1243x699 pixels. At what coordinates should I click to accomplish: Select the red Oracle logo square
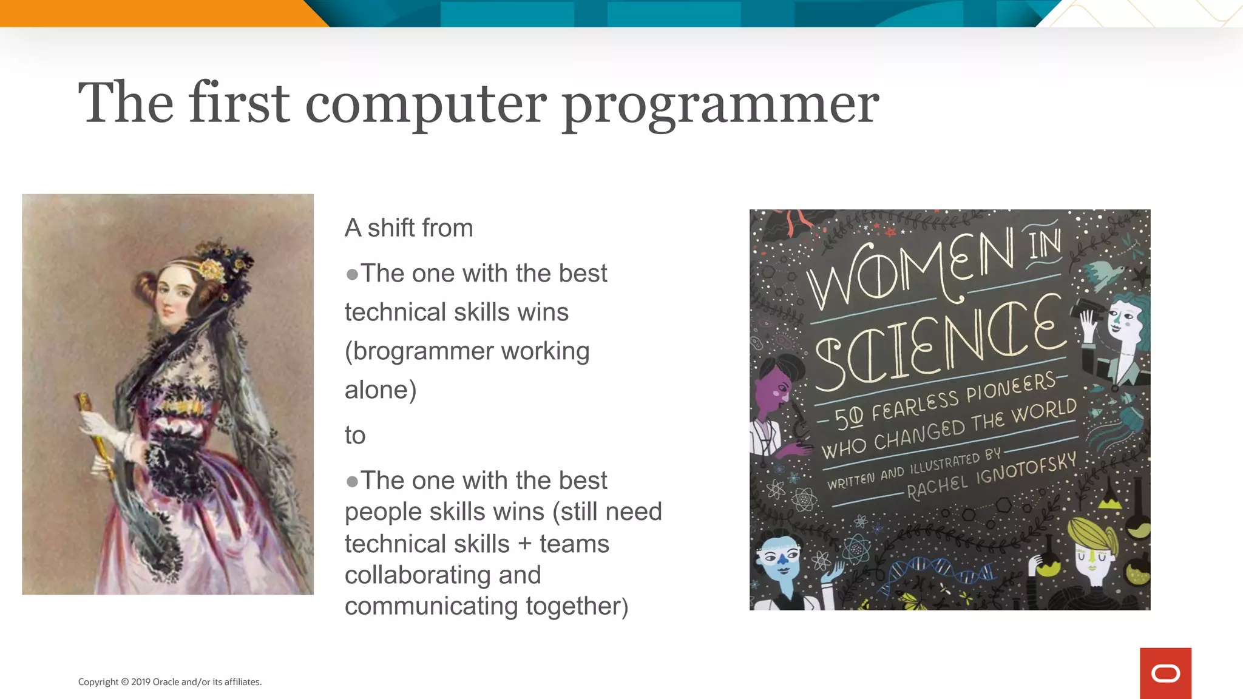[1165, 673]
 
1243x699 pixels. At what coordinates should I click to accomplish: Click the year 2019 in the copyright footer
[141, 682]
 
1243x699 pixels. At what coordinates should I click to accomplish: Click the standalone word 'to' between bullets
[355, 435]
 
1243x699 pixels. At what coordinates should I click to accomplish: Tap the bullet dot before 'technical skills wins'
[352, 275]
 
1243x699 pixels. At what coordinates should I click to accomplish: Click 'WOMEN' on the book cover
[910, 270]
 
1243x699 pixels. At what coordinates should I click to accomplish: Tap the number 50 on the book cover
[848, 418]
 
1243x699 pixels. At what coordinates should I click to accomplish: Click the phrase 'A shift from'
[408, 228]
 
